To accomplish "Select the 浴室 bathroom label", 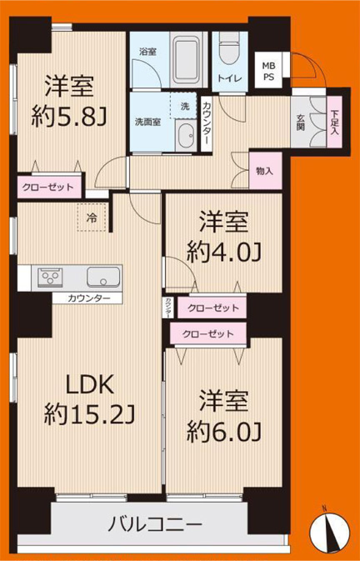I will (147, 50).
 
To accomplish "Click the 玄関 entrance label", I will (301, 122).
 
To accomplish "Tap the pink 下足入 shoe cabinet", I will (334, 121).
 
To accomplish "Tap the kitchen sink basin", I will (103, 276).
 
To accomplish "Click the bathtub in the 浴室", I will (187, 58).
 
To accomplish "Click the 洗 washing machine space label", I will (184, 106).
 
